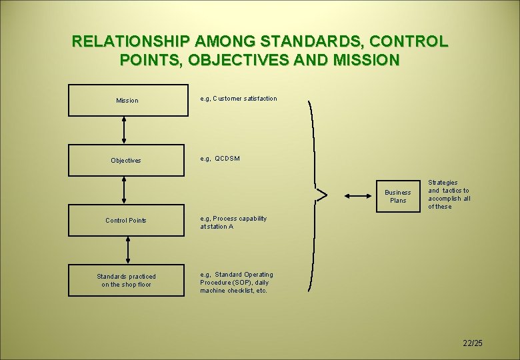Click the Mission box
click(x=127, y=101)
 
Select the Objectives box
click(x=127, y=160)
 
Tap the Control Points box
click(x=127, y=221)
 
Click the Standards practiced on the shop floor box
click(x=127, y=281)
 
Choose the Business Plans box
click(x=397, y=197)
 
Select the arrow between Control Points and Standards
click(x=127, y=250)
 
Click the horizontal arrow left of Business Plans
click(x=359, y=196)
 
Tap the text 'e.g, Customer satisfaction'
click(x=239, y=99)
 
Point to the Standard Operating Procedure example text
click(x=237, y=283)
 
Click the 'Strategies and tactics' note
click(x=449, y=194)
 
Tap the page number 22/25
click(x=472, y=343)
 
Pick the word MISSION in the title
click(x=365, y=60)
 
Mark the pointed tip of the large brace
click(x=317, y=195)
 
